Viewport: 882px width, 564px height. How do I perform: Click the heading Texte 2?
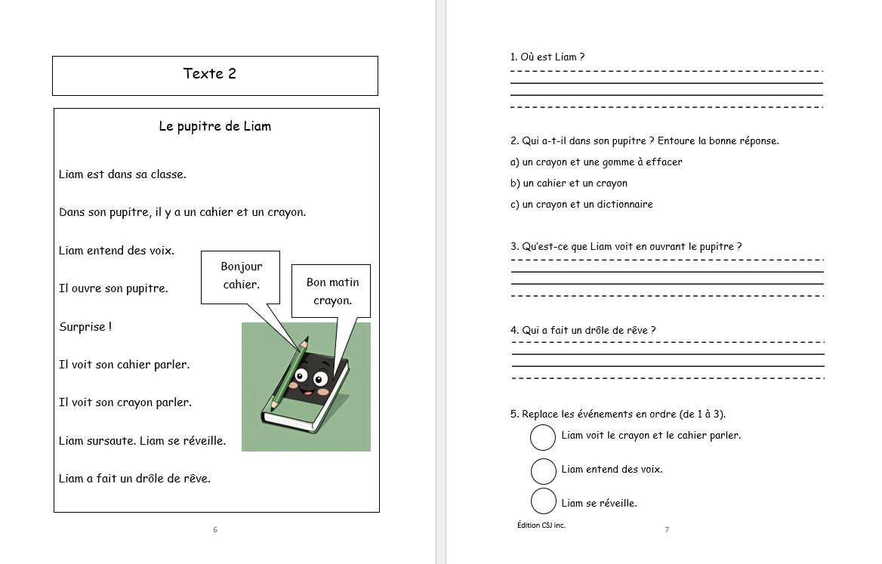(x=209, y=74)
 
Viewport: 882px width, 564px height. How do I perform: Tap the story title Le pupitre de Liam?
(x=214, y=126)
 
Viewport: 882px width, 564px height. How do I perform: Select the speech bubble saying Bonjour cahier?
(x=241, y=276)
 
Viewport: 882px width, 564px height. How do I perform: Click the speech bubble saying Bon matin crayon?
(x=332, y=291)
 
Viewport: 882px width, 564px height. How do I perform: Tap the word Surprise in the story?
(x=83, y=327)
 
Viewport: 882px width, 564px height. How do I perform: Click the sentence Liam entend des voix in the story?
(x=116, y=251)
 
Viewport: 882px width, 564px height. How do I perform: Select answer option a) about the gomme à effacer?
(x=597, y=162)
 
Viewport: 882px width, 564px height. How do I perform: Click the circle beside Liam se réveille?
(x=544, y=501)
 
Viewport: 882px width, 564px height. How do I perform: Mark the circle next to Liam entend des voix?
(x=544, y=470)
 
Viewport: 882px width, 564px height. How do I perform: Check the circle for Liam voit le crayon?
(x=544, y=437)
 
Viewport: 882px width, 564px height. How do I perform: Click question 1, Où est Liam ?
(x=547, y=57)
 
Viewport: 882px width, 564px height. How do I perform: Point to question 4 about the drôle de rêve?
(x=583, y=331)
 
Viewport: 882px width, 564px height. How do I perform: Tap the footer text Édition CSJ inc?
(x=541, y=525)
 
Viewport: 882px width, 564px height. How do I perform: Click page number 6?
(x=215, y=530)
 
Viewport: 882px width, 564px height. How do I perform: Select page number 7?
(x=666, y=530)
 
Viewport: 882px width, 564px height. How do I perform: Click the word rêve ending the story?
(x=197, y=479)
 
